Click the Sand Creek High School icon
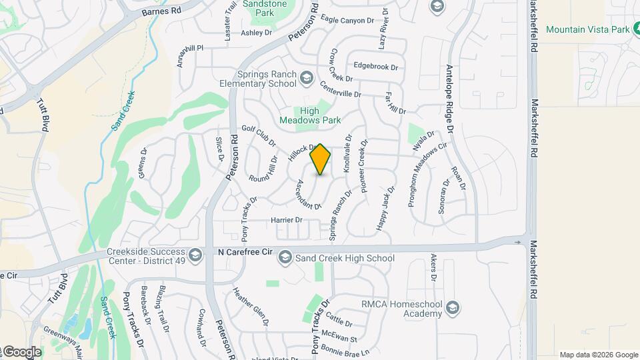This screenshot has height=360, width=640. (x=285, y=258)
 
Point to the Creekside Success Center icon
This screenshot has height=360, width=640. (x=195, y=255)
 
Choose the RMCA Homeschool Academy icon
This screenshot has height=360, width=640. (x=453, y=307)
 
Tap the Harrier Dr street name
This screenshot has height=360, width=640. (x=287, y=220)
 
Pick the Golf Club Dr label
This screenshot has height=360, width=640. (x=259, y=135)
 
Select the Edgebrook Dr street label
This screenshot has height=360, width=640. (x=376, y=67)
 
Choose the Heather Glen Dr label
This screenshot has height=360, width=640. (x=250, y=306)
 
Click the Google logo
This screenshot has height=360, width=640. (x=23, y=351)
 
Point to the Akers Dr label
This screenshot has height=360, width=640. (x=434, y=268)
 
